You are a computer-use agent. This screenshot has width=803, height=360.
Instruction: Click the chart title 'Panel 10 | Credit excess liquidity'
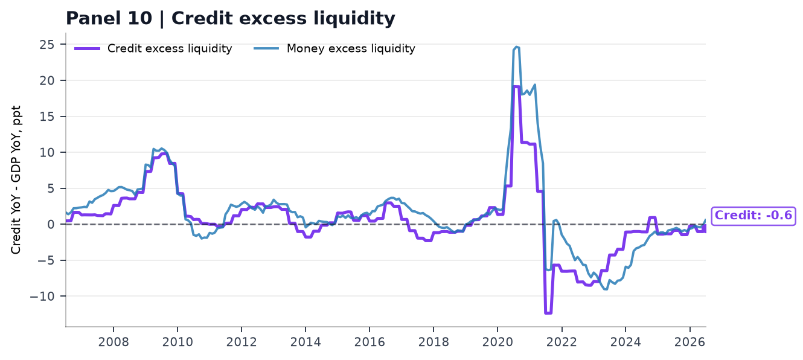point(230,18)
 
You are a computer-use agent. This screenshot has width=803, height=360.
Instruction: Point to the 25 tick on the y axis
point(46,45)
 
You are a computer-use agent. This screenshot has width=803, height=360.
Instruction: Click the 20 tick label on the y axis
point(46,81)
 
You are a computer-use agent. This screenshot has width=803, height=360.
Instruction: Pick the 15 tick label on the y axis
point(46,117)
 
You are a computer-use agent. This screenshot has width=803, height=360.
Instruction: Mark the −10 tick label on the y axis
point(42,296)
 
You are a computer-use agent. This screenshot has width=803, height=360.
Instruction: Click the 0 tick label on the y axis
point(51,225)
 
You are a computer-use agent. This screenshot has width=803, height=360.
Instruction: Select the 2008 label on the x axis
point(114,342)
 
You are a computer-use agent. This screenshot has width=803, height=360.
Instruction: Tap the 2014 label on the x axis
point(306,342)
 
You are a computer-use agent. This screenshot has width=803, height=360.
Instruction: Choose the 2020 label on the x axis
point(497,342)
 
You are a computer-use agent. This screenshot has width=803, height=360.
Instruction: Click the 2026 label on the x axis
point(689,342)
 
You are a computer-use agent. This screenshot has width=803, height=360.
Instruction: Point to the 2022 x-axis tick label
point(561,342)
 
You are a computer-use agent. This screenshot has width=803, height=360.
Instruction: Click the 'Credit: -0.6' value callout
point(753,216)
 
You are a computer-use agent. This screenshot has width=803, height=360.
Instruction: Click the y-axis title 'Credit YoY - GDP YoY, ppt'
point(16,179)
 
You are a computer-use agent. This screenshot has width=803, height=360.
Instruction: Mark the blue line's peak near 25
point(517,47)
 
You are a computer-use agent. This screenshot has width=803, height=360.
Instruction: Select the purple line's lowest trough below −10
point(548,313)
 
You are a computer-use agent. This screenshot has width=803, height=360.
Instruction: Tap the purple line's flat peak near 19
point(516,86)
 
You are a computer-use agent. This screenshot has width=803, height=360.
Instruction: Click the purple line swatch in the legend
point(87,49)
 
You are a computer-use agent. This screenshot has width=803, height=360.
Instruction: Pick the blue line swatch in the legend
point(266,49)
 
